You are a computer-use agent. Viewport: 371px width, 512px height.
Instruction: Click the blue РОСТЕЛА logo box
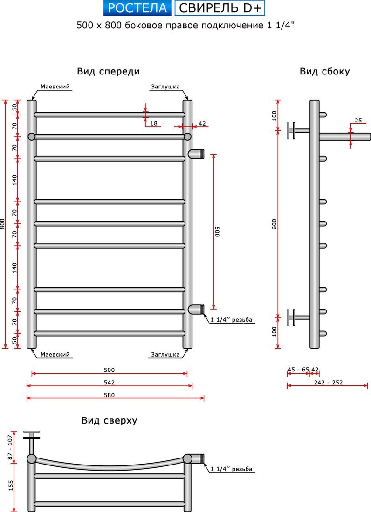pos(137,8)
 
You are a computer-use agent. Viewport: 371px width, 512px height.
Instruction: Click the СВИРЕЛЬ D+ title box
pos(220,8)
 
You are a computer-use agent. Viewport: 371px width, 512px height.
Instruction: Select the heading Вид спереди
pos(108,72)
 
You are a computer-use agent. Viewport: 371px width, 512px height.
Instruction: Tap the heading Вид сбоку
pos(324,72)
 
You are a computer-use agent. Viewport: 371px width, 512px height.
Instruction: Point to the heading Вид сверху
pos(109,420)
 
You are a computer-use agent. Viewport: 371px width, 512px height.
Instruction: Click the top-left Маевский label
pos(55,87)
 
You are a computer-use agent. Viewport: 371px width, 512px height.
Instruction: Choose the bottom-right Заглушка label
pos(165,355)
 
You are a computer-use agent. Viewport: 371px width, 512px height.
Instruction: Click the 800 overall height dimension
pos(3,224)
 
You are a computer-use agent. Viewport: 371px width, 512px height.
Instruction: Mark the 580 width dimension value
pos(109,395)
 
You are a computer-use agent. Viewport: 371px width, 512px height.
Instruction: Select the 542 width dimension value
pos(109,382)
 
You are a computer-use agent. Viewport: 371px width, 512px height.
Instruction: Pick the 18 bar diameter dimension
pos(154,123)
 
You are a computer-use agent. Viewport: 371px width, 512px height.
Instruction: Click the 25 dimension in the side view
pos(358,121)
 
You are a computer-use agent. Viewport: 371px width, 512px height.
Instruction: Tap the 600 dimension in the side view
pos(274,224)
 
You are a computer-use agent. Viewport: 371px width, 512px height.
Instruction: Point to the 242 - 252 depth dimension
pos(328,382)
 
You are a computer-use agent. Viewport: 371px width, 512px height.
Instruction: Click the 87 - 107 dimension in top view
pos(10,447)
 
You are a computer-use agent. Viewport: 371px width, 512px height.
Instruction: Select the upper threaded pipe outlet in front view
pos(196,154)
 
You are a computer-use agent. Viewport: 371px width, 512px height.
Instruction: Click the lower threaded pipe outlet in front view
pos(196,309)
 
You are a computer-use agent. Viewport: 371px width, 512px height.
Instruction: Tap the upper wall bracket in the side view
pos(297,131)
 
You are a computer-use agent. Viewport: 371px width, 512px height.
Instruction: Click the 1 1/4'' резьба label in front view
pos(232,320)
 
